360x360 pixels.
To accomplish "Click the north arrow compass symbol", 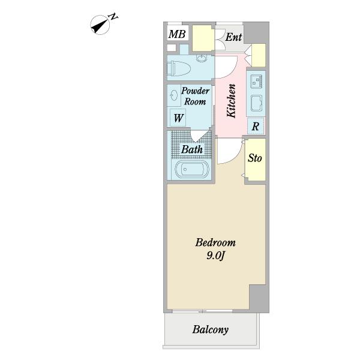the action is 100,25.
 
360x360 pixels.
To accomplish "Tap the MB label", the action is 177,34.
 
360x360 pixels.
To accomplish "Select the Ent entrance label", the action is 233,37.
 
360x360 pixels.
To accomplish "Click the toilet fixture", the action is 179,68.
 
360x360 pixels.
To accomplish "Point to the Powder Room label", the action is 196,96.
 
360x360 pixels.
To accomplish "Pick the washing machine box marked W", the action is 178,118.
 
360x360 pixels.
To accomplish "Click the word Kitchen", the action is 231,101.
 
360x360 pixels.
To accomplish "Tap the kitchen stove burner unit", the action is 256,81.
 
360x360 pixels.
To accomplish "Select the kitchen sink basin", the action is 256,103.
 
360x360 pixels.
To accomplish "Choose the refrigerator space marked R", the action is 256,126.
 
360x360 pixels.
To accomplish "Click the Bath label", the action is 192,149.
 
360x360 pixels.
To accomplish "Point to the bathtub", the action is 192,169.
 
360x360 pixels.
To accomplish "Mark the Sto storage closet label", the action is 255,158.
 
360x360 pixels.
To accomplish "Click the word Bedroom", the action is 215,242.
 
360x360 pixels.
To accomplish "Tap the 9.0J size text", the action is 215,256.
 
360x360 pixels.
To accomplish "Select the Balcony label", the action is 211,329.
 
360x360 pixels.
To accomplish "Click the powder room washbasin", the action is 174,95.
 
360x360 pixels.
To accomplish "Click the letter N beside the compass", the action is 113,17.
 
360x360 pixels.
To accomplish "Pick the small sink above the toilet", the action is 202,58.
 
